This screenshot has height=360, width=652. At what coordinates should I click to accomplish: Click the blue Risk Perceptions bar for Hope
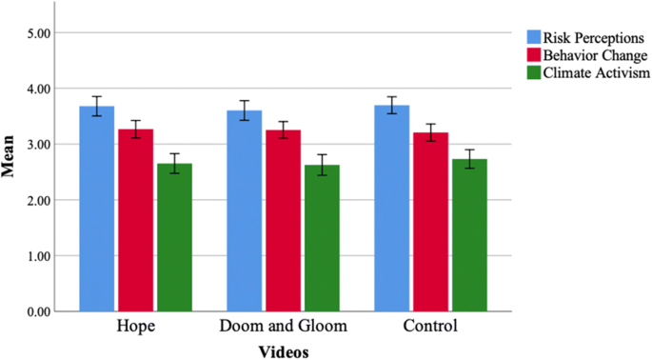(x=97, y=209)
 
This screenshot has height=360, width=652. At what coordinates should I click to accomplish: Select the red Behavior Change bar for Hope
(x=136, y=220)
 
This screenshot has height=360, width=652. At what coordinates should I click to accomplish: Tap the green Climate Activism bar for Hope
(x=175, y=237)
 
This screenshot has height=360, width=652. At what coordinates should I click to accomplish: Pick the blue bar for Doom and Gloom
(x=245, y=210)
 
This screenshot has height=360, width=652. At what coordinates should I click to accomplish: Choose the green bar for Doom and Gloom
(x=323, y=238)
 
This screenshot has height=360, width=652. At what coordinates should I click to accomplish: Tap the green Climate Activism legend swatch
(x=535, y=71)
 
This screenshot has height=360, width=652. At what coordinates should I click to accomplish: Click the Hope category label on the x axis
(x=135, y=327)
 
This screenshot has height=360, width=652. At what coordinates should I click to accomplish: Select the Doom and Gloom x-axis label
(x=284, y=327)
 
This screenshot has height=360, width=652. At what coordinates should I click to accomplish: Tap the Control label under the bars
(x=430, y=327)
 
